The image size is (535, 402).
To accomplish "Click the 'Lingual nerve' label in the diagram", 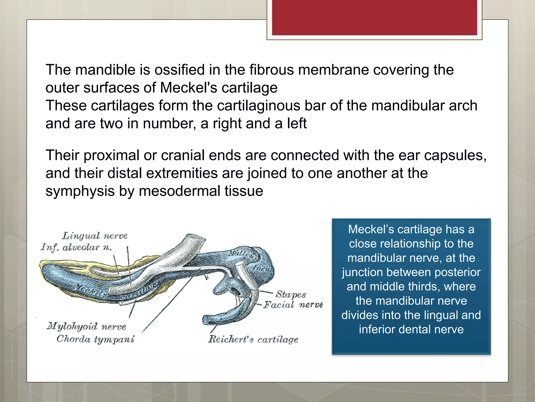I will pos(95,236).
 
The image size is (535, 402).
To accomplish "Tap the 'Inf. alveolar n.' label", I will pos(76,247).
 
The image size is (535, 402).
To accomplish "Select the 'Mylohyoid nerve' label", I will pos(86,326).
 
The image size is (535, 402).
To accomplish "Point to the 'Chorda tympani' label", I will pos(95,339).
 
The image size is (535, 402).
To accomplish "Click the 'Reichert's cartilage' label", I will pos(253,339).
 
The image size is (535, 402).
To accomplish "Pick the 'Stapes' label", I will pos(290,294).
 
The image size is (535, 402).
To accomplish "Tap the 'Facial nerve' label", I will pos(293,305).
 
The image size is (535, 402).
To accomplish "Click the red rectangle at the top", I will pos(374,17).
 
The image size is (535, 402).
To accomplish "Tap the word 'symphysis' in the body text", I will pos(80,191).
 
